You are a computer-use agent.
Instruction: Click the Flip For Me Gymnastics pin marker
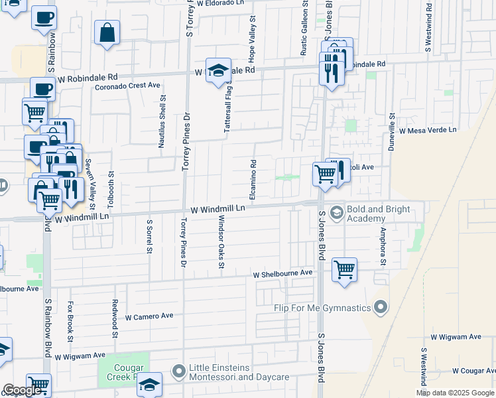380,307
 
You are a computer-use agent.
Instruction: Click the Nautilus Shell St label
162,120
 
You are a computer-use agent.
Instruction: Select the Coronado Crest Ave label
127,86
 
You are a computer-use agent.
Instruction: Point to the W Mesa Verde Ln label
428,131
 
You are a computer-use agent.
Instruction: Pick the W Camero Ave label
149,316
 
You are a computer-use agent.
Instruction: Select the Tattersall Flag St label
227,105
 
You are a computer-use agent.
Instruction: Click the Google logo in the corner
22,390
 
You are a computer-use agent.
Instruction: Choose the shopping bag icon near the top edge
107,33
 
